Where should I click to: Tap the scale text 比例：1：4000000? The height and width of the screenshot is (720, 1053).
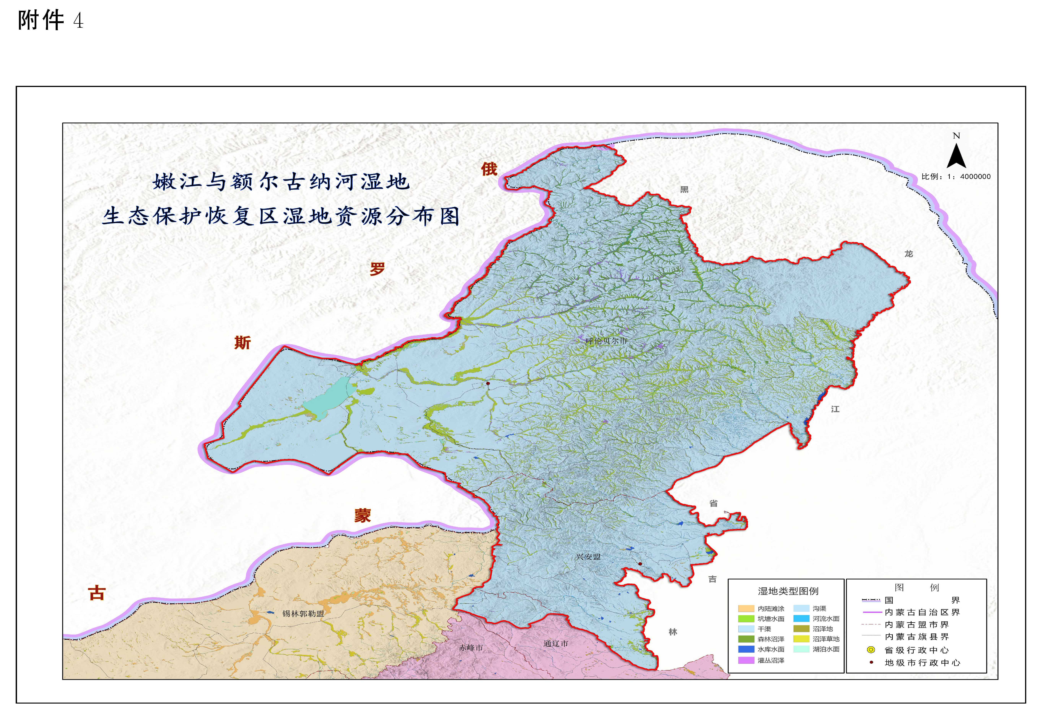pos(956,177)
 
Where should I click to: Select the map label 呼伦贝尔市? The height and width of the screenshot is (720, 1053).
pos(606,341)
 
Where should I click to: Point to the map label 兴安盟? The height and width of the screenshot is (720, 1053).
pos(588,557)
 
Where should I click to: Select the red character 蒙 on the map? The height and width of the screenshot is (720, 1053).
pos(363,515)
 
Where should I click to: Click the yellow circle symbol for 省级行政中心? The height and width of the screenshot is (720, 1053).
pos(871,650)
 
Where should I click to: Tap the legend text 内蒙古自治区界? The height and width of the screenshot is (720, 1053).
pos(922,612)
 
